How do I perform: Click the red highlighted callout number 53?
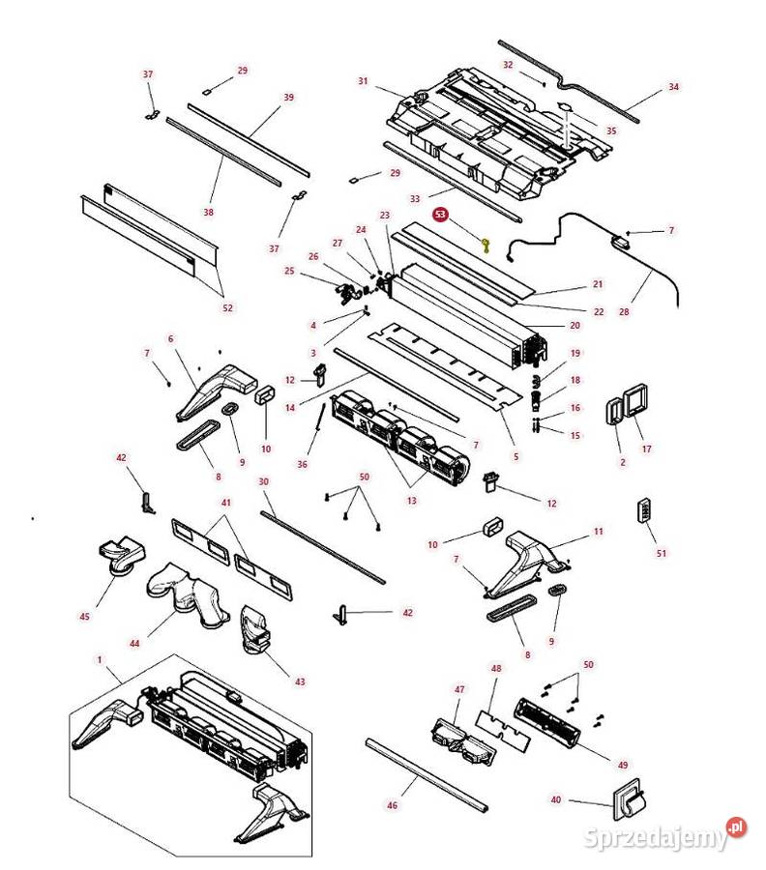tap(441, 216)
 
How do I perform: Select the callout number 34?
tap(673, 87)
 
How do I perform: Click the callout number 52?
tap(227, 307)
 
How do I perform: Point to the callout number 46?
tap(392, 804)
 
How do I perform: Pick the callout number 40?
tap(555, 799)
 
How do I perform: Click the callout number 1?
tap(100, 659)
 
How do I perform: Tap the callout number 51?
tap(662, 553)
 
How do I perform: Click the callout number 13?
tap(411, 501)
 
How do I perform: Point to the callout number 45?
tap(84, 617)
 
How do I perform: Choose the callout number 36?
tap(303, 464)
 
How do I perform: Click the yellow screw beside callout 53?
tap(486, 245)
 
